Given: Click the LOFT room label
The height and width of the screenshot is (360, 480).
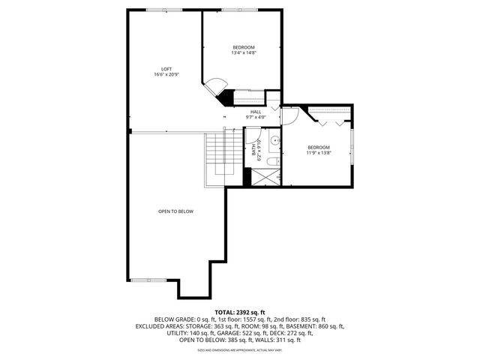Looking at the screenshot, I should (166, 68).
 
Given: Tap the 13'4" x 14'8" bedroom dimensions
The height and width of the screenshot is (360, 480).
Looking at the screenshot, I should (243, 53).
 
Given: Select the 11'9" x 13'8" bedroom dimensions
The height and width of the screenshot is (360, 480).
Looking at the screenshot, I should (318, 152).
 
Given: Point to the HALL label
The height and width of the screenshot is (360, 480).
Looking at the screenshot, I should (256, 112).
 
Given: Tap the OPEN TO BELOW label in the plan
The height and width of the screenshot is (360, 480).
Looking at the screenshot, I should (175, 211).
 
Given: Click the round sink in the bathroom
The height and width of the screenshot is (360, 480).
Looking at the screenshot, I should (275, 140).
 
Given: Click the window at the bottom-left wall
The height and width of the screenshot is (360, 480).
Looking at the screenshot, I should (139, 280).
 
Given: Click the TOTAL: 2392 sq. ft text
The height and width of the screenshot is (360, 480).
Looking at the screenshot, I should (239, 312).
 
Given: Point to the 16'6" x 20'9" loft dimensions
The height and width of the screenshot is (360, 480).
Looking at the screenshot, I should (166, 74).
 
